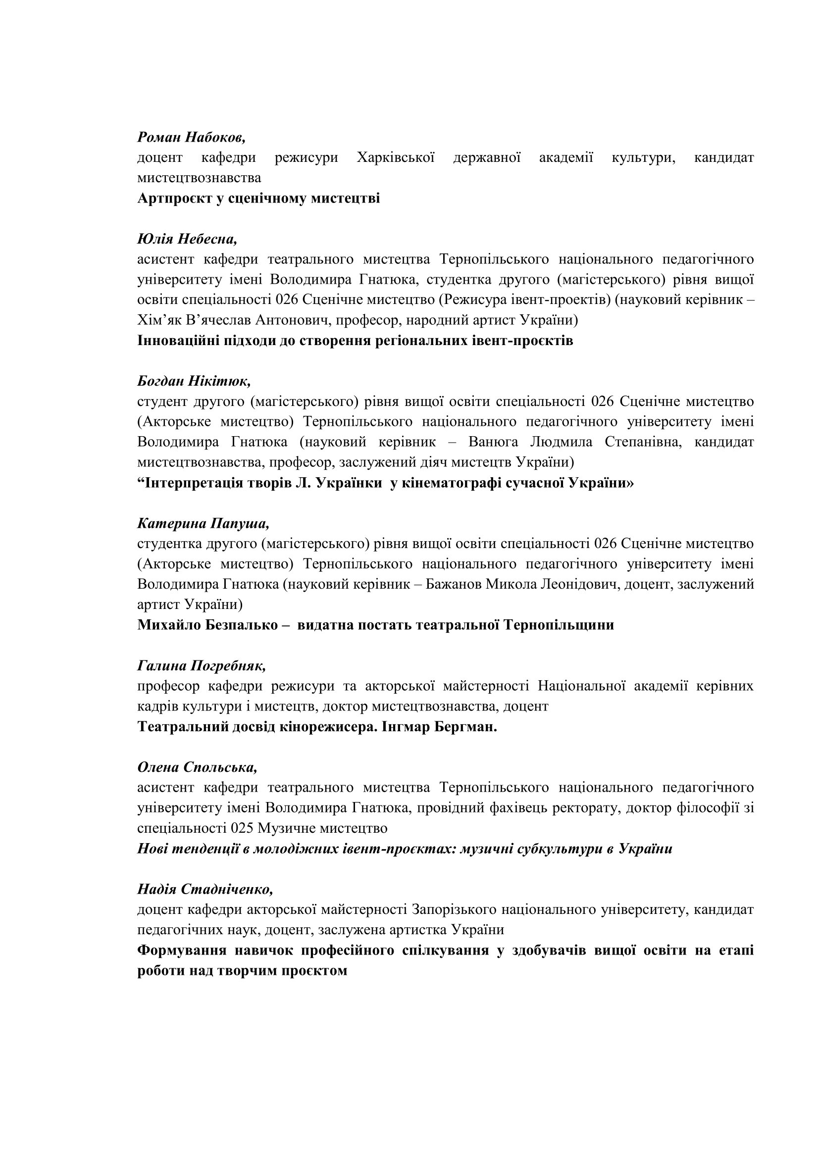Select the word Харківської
395,157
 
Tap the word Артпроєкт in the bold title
173,198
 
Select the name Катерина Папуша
203,523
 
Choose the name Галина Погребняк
201,666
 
